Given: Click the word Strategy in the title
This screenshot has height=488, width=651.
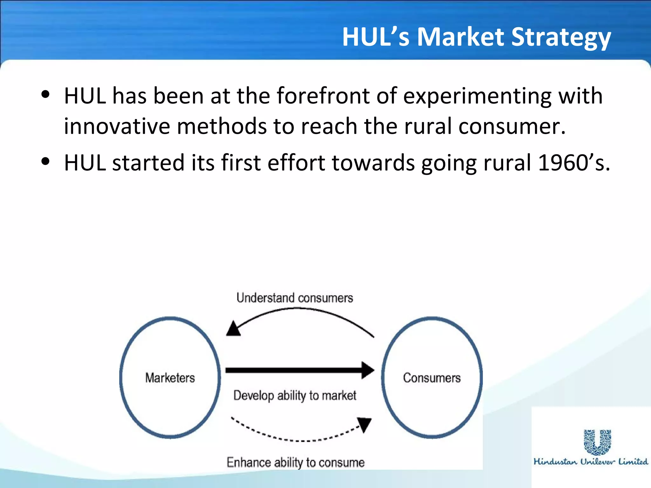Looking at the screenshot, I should [x=561, y=37].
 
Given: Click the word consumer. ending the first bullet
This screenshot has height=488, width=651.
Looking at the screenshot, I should [x=512, y=126].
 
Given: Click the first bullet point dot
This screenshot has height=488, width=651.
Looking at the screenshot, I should [x=46, y=94].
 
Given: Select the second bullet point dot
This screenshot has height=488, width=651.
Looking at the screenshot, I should [x=46, y=161].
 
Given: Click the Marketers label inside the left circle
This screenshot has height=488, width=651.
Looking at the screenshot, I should [x=170, y=378].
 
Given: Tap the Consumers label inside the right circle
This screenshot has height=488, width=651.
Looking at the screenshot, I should [x=432, y=378].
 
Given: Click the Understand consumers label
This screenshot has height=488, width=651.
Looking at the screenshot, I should [x=295, y=298].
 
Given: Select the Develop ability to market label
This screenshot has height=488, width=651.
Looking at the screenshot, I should [x=295, y=396].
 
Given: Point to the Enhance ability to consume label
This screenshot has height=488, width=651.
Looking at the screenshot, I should [x=295, y=462].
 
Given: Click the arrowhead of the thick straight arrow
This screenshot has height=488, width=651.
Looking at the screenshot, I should [x=368, y=370].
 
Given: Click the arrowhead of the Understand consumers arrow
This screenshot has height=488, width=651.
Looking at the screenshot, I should [x=233, y=329].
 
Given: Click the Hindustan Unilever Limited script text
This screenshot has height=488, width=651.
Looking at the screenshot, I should [x=591, y=462].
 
